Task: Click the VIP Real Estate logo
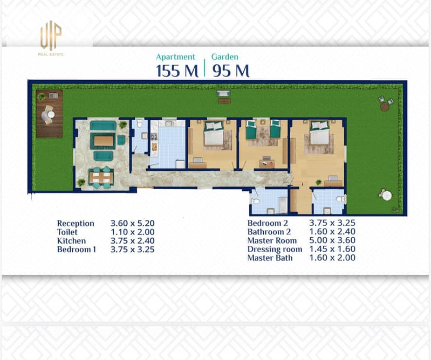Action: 51,38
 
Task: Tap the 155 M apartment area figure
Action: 177,71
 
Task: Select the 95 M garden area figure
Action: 231,71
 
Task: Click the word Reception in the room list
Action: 76,224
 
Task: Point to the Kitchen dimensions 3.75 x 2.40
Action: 133,241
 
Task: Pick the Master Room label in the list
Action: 272,240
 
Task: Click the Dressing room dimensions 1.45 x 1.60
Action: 332,249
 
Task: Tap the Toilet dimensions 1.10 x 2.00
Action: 133,232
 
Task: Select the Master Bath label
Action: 270,258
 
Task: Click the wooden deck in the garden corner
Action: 50,114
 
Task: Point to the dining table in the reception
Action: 101,177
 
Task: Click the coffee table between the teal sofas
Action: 104,141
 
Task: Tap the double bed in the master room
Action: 319,133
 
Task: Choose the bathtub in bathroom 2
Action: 283,204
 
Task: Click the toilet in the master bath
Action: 341,199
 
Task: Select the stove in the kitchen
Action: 154,136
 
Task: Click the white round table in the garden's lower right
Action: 387,196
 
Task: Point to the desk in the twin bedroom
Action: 267,164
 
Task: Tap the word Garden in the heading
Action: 224,57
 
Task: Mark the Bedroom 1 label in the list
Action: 77,250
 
